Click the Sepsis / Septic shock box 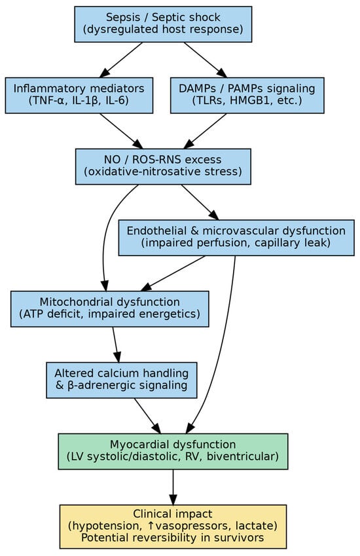point(163,24)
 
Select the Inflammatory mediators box point(79,95)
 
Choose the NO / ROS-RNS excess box point(163,166)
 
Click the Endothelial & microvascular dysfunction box point(236,237)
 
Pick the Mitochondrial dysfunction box point(110,308)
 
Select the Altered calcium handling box point(122,380)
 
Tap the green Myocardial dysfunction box point(173,451)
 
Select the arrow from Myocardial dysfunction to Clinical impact point(173,487)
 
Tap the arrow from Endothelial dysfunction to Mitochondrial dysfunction point(173,273)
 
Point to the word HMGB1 point(262,102)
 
